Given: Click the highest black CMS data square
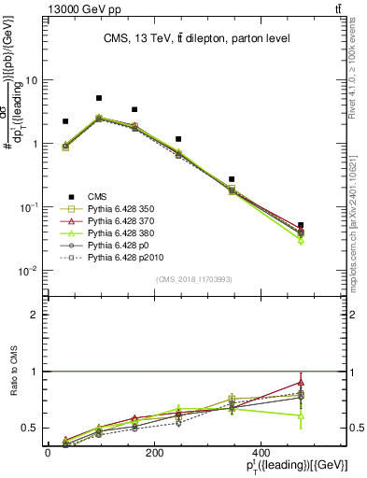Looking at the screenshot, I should tap(99, 98).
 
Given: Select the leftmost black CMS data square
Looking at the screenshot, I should tap(65, 121).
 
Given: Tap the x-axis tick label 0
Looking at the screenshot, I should tap(48, 452).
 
